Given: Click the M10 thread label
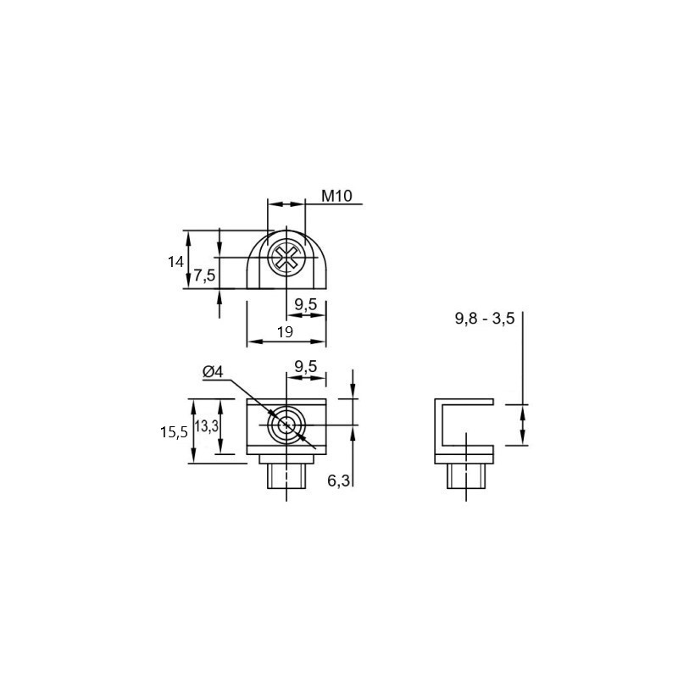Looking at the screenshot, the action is coord(336,196).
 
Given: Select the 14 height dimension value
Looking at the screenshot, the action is coord(176,262).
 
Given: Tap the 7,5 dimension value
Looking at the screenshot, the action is coord(204,275).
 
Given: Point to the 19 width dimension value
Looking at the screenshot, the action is coord(285,332).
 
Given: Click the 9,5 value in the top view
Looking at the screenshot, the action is coord(306,304).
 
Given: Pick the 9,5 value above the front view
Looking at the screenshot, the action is coord(306,367).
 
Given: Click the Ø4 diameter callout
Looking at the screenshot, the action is coord(213,371).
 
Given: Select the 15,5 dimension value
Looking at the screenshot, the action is coord(174,432).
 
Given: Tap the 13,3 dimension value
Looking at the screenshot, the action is coord(206,426).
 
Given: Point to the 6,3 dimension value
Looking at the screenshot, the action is coord(338,481).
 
